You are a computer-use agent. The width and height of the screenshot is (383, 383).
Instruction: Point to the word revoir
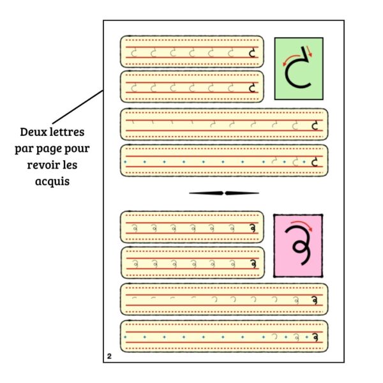click(43, 165)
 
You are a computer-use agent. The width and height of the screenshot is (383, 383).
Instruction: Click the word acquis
click(52, 181)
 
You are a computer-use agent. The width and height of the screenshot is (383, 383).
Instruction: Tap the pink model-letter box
click(298, 245)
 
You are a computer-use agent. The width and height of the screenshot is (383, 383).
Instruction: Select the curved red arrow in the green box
click(290, 59)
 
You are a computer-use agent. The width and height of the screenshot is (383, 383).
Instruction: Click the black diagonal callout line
click(77, 107)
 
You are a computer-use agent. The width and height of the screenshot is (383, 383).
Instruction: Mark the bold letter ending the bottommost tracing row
click(315, 336)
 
